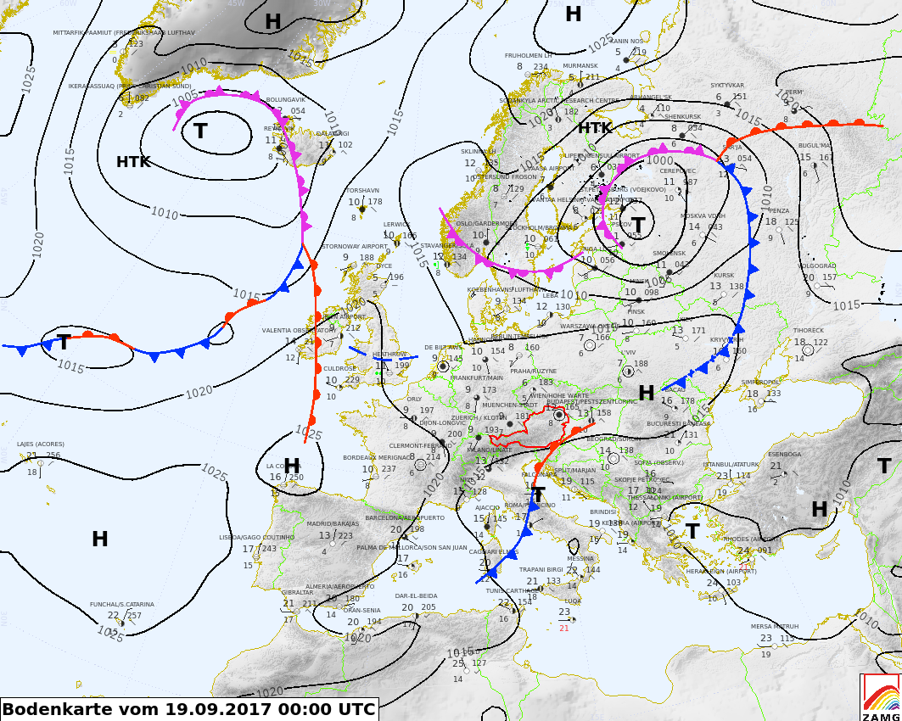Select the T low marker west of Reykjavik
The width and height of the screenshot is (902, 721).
click(200, 131)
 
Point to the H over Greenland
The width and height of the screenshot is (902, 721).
click(272, 22)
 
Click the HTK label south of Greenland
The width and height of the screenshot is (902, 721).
click(133, 162)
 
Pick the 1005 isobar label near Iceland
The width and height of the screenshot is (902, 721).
click(186, 98)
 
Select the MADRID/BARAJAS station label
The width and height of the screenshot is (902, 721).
click(333, 524)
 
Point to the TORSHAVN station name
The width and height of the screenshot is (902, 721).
click(362, 190)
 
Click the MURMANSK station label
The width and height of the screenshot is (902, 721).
click(580, 65)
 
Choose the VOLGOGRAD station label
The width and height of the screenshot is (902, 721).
click(817, 265)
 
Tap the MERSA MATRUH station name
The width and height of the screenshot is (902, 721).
click(774, 627)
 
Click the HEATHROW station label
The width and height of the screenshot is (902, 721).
click(389, 355)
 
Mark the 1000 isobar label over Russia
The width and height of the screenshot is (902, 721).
click(659, 159)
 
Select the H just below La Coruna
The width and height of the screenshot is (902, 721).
click(292, 466)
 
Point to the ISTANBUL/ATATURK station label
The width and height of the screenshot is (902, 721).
click(731, 464)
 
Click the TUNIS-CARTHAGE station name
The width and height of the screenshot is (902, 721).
click(514, 590)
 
